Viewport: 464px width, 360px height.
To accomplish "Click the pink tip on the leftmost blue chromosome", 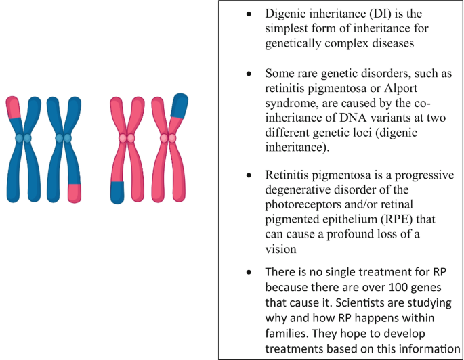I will [14, 107].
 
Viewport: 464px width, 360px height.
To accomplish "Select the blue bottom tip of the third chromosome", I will [118, 192].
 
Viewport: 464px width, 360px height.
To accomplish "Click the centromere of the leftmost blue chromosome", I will [24, 138].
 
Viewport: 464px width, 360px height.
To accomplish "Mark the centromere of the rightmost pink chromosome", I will [168, 139].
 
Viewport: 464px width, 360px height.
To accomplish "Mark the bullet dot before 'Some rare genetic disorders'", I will [250, 72].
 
